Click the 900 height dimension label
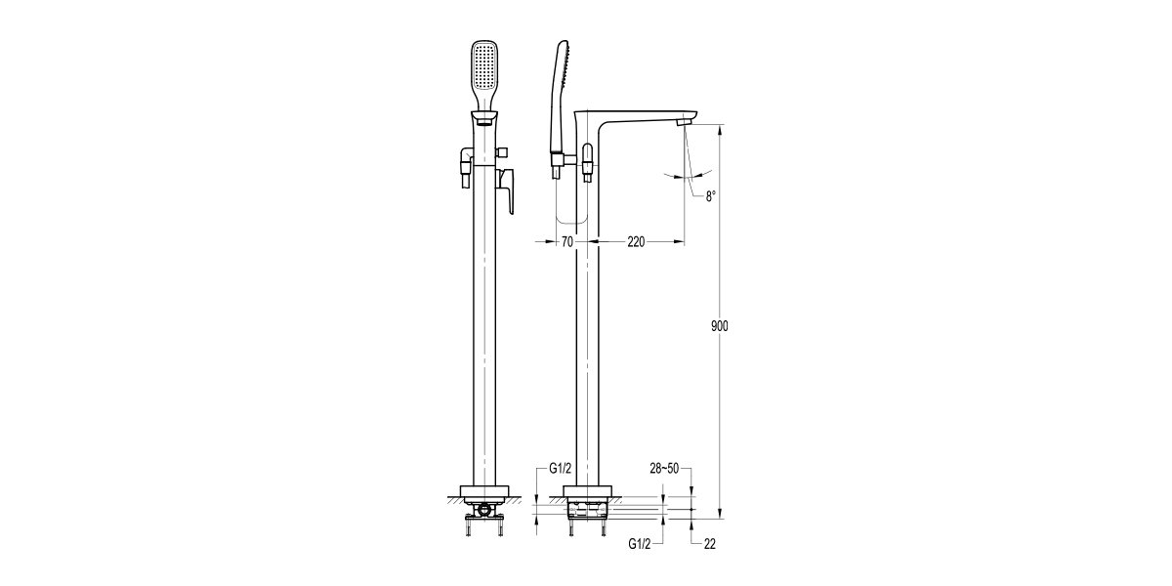click(720, 326)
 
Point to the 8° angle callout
click(711, 196)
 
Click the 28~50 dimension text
click(664, 469)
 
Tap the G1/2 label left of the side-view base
click(560, 469)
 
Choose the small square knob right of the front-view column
click(504, 152)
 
